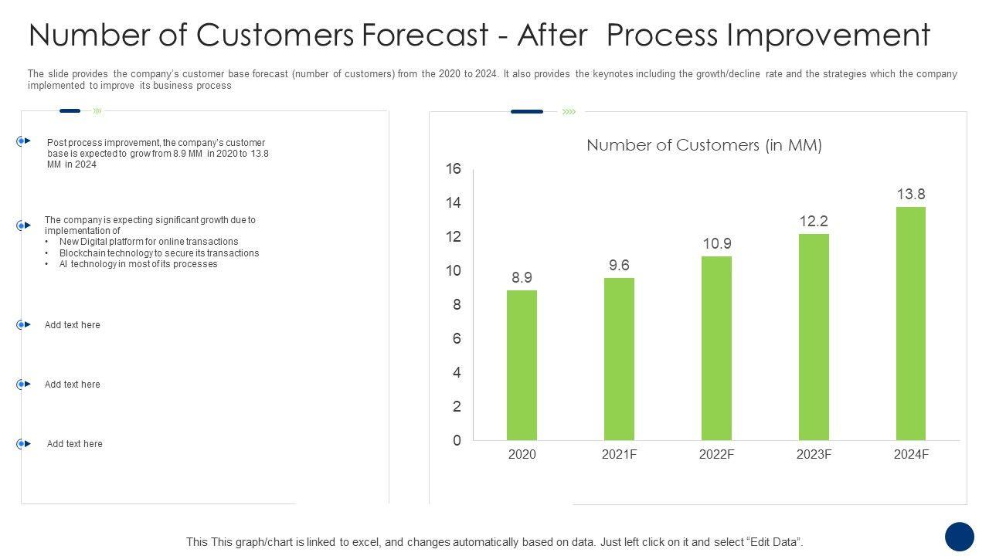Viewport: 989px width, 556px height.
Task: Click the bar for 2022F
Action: point(716,348)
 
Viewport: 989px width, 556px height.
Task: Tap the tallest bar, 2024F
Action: point(911,324)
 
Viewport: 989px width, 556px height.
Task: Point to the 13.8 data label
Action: point(911,195)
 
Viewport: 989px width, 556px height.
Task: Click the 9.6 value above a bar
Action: point(619,266)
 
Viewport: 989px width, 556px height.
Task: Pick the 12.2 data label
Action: point(814,222)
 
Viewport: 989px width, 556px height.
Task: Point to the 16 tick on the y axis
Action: point(454,169)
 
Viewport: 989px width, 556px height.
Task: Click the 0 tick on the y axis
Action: point(457,440)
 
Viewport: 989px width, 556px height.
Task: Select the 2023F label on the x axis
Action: point(814,455)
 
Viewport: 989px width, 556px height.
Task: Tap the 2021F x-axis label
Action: point(619,455)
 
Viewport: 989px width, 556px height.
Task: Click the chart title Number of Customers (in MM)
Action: point(704,145)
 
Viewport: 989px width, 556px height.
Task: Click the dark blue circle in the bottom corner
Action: point(960,537)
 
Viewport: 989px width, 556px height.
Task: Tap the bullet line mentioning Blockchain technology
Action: point(158,253)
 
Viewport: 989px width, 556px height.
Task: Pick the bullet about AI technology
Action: point(138,264)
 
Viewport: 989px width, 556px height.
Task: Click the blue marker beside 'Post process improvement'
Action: point(22,141)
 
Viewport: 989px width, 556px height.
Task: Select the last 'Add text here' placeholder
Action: point(74,444)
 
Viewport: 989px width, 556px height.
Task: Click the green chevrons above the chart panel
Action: point(569,112)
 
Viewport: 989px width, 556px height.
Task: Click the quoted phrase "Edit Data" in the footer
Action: point(775,542)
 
